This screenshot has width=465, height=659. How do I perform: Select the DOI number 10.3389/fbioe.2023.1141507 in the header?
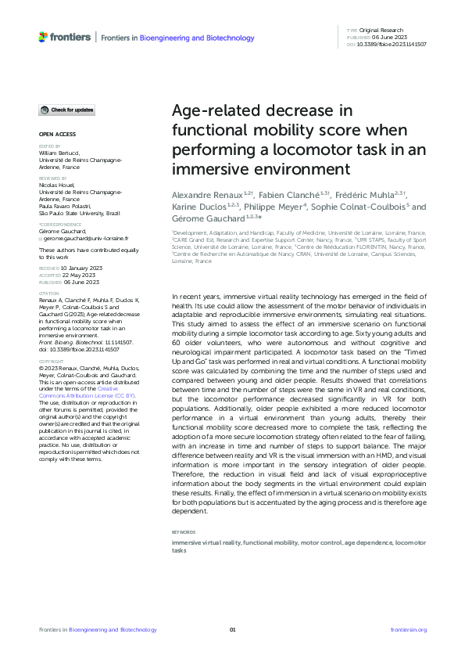pos(397,44)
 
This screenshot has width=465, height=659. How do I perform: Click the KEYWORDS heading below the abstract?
pos(184,534)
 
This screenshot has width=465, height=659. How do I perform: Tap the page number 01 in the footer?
pos(232,629)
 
